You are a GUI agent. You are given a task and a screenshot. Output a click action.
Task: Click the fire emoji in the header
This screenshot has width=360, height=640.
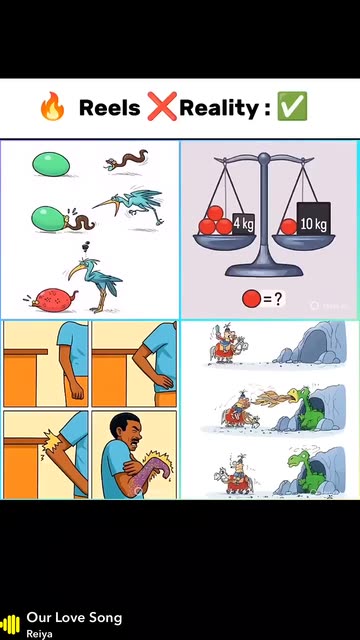(52, 106)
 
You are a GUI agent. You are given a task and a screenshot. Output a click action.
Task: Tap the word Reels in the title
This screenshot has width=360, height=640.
(109, 108)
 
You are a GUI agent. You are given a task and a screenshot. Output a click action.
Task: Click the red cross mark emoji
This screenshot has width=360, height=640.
(162, 106)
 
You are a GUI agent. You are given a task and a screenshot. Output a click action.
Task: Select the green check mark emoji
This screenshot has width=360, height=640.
(292, 106)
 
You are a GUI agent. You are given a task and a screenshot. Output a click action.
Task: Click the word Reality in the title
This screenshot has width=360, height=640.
(219, 109)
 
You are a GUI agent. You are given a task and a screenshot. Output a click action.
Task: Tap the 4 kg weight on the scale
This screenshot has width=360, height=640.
(244, 224)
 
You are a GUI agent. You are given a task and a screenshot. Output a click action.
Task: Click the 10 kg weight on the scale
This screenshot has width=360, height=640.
(313, 219)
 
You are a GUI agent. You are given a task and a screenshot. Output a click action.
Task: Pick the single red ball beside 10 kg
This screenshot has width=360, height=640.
(289, 227)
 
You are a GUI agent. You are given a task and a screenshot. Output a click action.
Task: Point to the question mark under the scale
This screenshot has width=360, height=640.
(278, 300)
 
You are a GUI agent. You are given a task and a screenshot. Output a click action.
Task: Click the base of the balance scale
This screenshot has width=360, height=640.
(264, 269)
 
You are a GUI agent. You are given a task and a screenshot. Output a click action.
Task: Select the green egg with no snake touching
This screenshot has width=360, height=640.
(51, 164)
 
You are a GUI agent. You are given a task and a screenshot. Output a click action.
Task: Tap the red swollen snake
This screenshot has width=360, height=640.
(52, 300)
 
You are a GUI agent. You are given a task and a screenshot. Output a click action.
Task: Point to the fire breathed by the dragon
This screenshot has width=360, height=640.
(270, 398)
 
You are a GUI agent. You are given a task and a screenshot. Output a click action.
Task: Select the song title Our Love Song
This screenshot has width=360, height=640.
(74, 618)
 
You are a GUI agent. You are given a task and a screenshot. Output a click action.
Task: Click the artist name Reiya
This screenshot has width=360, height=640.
(40, 634)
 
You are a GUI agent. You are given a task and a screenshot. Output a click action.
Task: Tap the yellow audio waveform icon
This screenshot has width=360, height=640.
(10, 624)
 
